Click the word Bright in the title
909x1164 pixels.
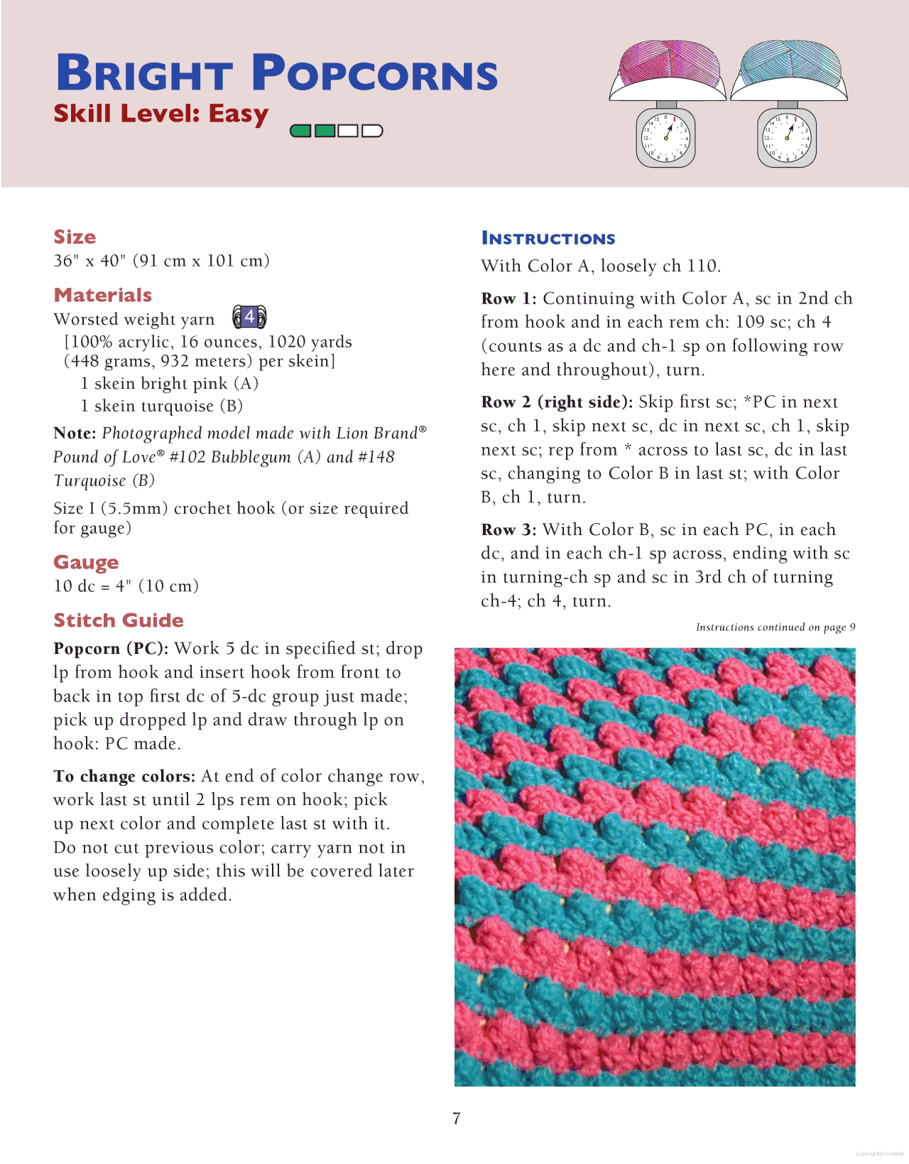144,73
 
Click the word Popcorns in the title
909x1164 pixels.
375,73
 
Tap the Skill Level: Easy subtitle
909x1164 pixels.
161,114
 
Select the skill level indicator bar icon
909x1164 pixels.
337,131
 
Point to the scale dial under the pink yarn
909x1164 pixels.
666,137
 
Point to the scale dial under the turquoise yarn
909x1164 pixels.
787,137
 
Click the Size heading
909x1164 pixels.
75,237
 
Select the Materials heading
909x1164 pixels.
103,295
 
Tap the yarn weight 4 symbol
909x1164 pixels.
249,317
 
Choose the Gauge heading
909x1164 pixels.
86,562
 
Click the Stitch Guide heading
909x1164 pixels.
119,620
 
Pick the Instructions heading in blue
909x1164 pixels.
548,239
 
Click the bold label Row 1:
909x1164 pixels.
508,298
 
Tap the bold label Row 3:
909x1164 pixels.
508,529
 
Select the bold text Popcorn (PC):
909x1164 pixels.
111,649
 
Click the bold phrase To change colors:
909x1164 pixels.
124,776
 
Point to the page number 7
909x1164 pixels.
457,1119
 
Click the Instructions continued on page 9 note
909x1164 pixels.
775,627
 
